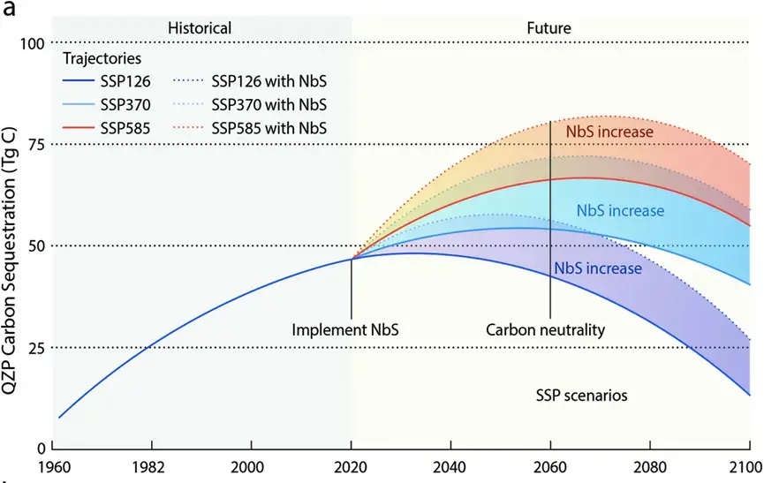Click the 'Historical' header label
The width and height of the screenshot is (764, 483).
pyautogui.click(x=200, y=28)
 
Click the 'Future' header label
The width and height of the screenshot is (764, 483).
pyautogui.click(x=548, y=28)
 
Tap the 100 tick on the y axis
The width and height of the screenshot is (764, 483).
pyautogui.click(x=32, y=44)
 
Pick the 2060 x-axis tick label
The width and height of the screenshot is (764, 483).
pyautogui.click(x=549, y=467)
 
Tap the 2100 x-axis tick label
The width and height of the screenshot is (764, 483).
pyautogui.click(x=745, y=467)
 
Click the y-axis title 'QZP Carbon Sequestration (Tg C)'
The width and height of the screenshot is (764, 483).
pyautogui.click(x=10, y=261)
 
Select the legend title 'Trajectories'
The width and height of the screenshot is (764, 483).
pyautogui.click(x=102, y=59)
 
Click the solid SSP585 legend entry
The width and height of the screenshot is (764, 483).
pyautogui.click(x=107, y=129)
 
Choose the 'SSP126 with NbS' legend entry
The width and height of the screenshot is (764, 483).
pyautogui.click(x=249, y=81)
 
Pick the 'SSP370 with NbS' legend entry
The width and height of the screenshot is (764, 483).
pyautogui.click(x=249, y=105)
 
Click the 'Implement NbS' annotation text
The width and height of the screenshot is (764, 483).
pyautogui.click(x=345, y=330)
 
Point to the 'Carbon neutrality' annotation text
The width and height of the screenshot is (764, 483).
pyautogui.click(x=545, y=330)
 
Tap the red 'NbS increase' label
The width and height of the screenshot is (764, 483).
pyautogui.click(x=609, y=132)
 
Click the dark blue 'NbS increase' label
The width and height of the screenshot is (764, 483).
pyautogui.click(x=598, y=268)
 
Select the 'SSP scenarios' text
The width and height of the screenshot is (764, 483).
pyautogui.click(x=581, y=396)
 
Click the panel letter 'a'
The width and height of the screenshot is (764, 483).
pyautogui.click(x=9, y=9)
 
